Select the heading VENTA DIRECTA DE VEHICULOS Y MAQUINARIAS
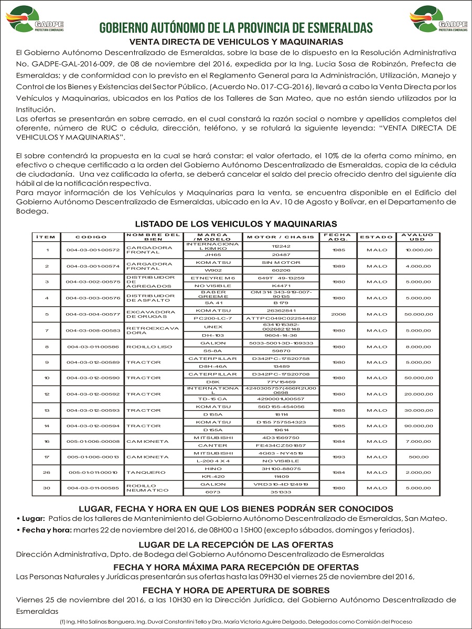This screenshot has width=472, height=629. (x=236, y=41)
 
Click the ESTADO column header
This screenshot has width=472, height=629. (x=373, y=237)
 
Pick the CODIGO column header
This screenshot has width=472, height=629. (x=92, y=237)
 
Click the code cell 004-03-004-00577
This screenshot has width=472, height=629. (x=93, y=314)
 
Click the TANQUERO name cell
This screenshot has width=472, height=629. (x=142, y=473)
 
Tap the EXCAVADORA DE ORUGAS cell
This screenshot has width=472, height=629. (x=143, y=314)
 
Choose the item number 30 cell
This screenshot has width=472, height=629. (x=47, y=488)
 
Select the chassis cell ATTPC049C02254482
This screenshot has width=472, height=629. (x=281, y=318)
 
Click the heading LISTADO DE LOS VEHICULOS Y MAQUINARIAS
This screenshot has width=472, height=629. (x=236, y=223)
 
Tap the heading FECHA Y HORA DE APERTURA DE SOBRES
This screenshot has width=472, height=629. (x=236, y=590)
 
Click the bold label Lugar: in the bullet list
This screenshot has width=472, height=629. (x=33, y=519)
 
